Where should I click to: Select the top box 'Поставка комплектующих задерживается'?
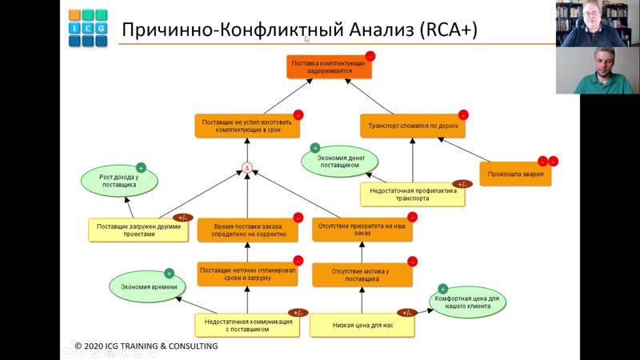click(329, 66)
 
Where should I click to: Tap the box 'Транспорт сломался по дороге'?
click(413, 126)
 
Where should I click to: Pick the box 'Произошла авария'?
click(515, 174)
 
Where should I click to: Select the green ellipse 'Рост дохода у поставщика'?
click(118, 181)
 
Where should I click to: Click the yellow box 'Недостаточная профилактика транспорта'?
click(411, 194)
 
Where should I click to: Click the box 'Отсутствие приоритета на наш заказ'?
click(362, 230)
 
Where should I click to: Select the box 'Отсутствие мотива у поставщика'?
click(362, 275)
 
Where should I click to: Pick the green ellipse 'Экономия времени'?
click(144, 286)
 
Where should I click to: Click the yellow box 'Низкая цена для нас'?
click(362, 325)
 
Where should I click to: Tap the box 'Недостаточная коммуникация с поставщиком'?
click(248, 325)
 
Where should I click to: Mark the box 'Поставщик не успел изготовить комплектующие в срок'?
click(248, 126)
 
